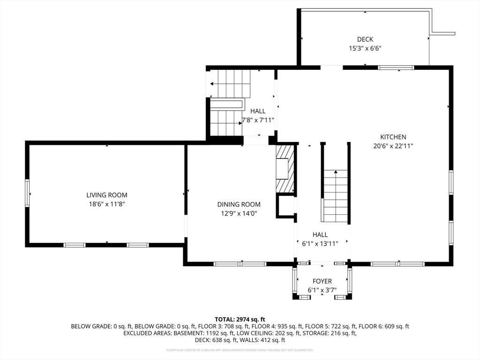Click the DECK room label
[x=365, y=39]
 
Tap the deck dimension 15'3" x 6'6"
[x=365, y=48]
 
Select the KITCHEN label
[x=393, y=137]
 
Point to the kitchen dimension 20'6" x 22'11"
[x=393, y=146]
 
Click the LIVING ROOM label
[x=106, y=195]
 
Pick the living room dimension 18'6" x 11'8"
[x=106, y=204]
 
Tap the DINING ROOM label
[x=239, y=204]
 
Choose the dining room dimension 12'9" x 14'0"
[x=239, y=213]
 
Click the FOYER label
[x=322, y=281]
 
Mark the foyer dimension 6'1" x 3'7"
[x=322, y=290]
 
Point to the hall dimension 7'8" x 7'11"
[x=258, y=120]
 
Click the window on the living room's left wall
[x=27, y=193]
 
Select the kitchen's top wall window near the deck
[x=396, y=67]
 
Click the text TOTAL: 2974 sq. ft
[x=240, y=319]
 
